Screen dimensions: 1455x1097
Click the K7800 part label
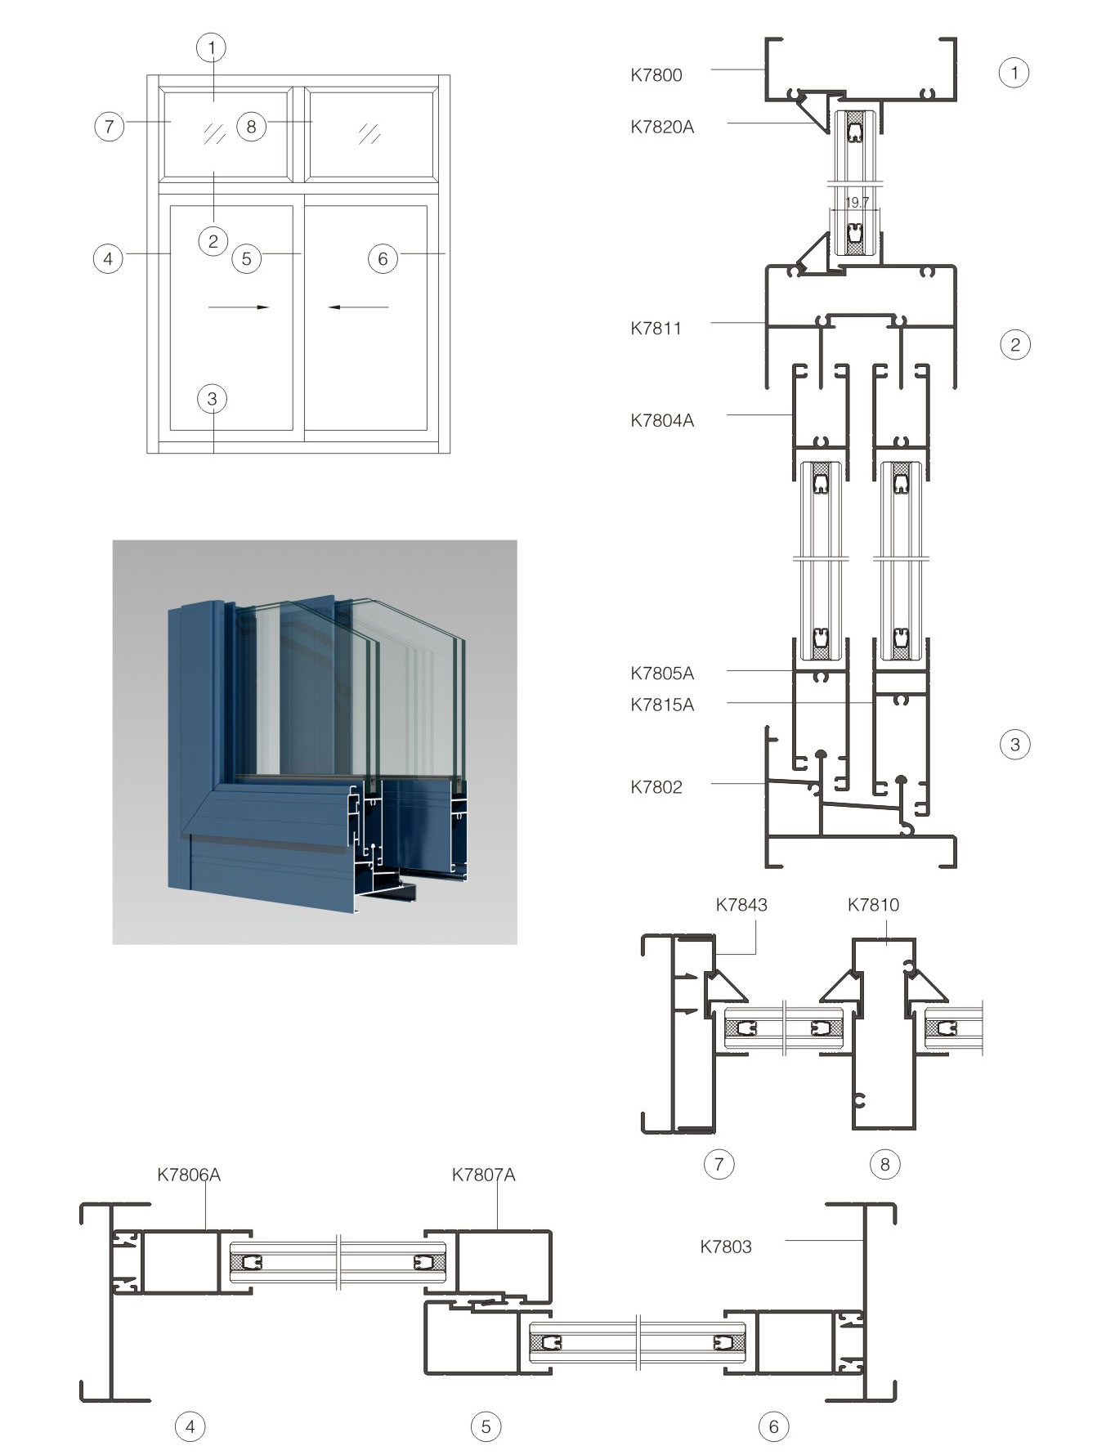pyautogui.click(x=656, y=75)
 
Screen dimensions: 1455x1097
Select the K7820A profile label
pyautogui.click(x=661, y=127)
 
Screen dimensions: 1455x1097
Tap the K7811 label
pyautogui.click(x=656, y=329)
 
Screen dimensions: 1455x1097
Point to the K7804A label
pyautogui.click(x=661, y=421)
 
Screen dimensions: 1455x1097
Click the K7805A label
pyautogui.click(x=661, y=674)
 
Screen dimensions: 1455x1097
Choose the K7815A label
pyautogui.click(x=661, y=705)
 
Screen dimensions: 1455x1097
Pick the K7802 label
pyautogui.click(x=656, y=787)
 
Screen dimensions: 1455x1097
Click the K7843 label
pyautogui.click(x=741, y=905)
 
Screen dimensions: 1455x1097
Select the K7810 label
pyautogui.click(x=873, y=905)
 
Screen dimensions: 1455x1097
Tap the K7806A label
pyautogui.click(x=189, y=1175)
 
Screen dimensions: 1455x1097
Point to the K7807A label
pyautogui.click(x=483, y=1175)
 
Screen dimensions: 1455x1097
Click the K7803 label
pyautogui.click(x=725, y=1247)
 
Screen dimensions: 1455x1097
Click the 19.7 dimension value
pyautogui.click(x=857, y=202)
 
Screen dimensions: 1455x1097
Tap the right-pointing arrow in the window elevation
pyautogui.click(x=239, y=307)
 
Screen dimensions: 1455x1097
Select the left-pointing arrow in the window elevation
pyautogui.click(x=358, y=307)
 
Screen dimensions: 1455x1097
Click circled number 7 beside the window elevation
pyautogui.click(x=110, y=127)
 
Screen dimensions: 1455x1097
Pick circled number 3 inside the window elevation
pyautogui.click(x=213, y=399)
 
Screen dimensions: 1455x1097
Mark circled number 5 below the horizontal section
pyautogui.click(x=486, y=1426)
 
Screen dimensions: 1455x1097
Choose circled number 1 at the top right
pyautogui.click(x=1014, y=73)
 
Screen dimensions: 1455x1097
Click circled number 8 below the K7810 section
pyautogui.click(x=884, y=1163)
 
